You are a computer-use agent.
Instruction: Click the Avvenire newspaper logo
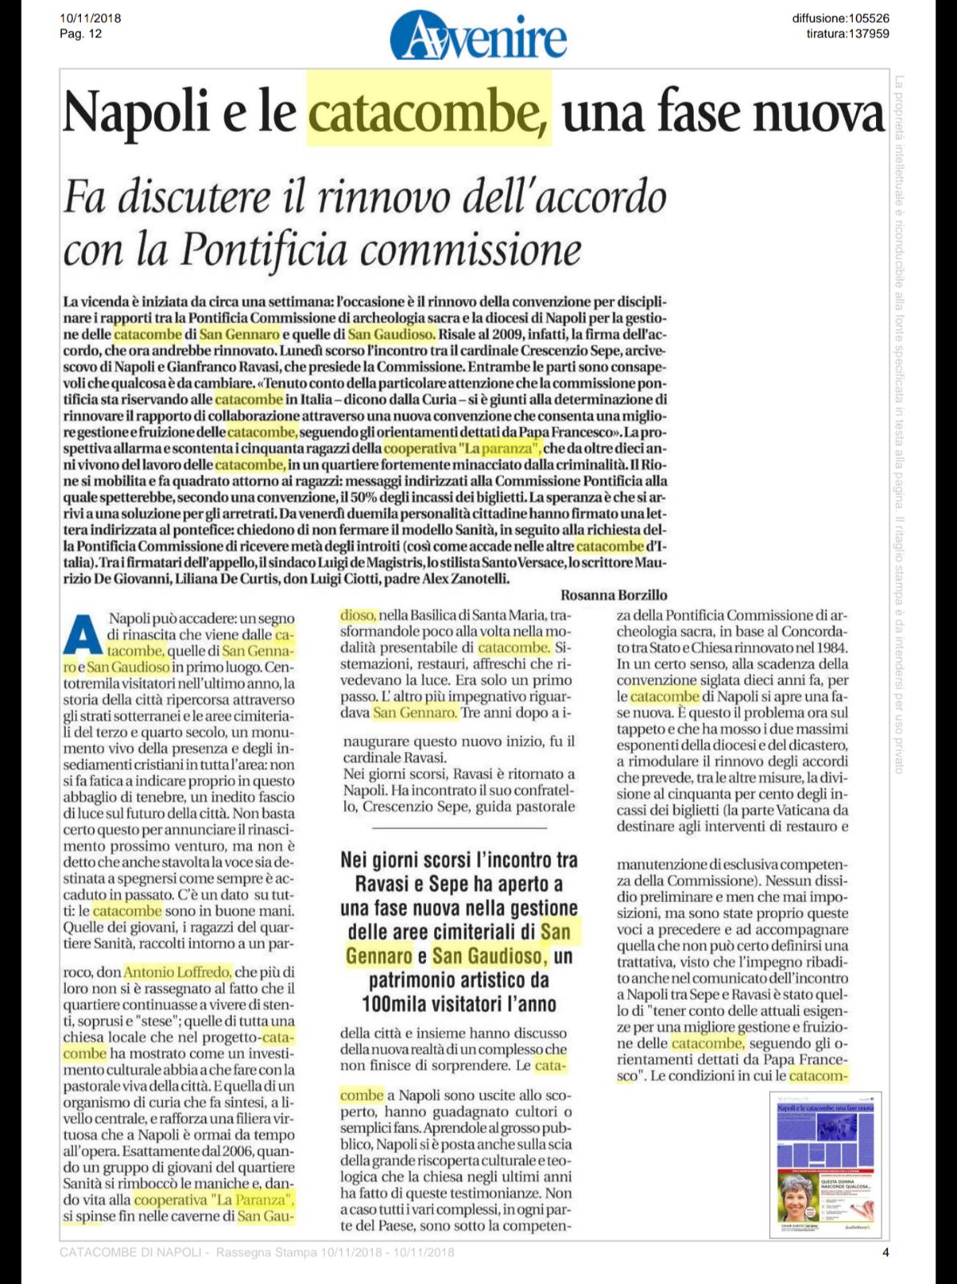coord(478,35)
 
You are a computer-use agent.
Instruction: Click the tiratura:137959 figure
coord(848,33)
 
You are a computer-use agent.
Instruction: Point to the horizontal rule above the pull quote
coord(459,827)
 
